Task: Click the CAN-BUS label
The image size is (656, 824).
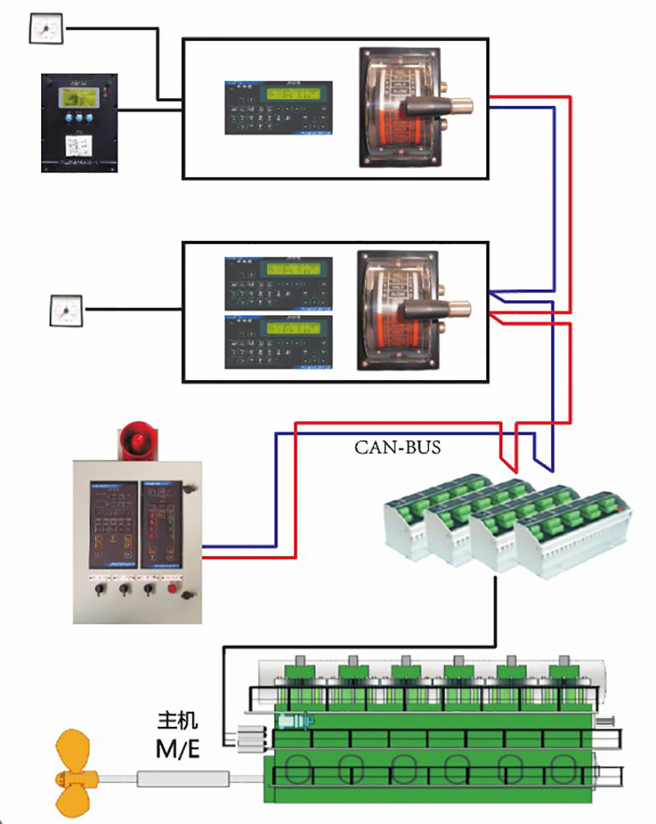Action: click(x=398, y=448)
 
